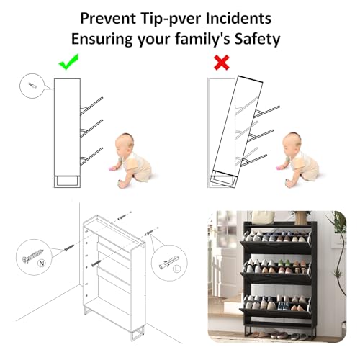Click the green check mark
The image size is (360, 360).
tap(68, 63)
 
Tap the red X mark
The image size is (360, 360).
tap(221, 63)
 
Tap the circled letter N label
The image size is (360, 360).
tap(42, 264)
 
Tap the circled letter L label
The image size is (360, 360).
tap(177, 269)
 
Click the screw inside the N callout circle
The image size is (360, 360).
tap(33, 256)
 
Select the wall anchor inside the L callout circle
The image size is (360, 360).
tap(169, 262)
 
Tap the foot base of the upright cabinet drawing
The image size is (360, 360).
tap(67, 181)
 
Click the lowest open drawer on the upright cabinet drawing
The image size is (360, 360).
tap(91, 156)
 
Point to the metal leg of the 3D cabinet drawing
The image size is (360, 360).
tap(138, 333)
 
